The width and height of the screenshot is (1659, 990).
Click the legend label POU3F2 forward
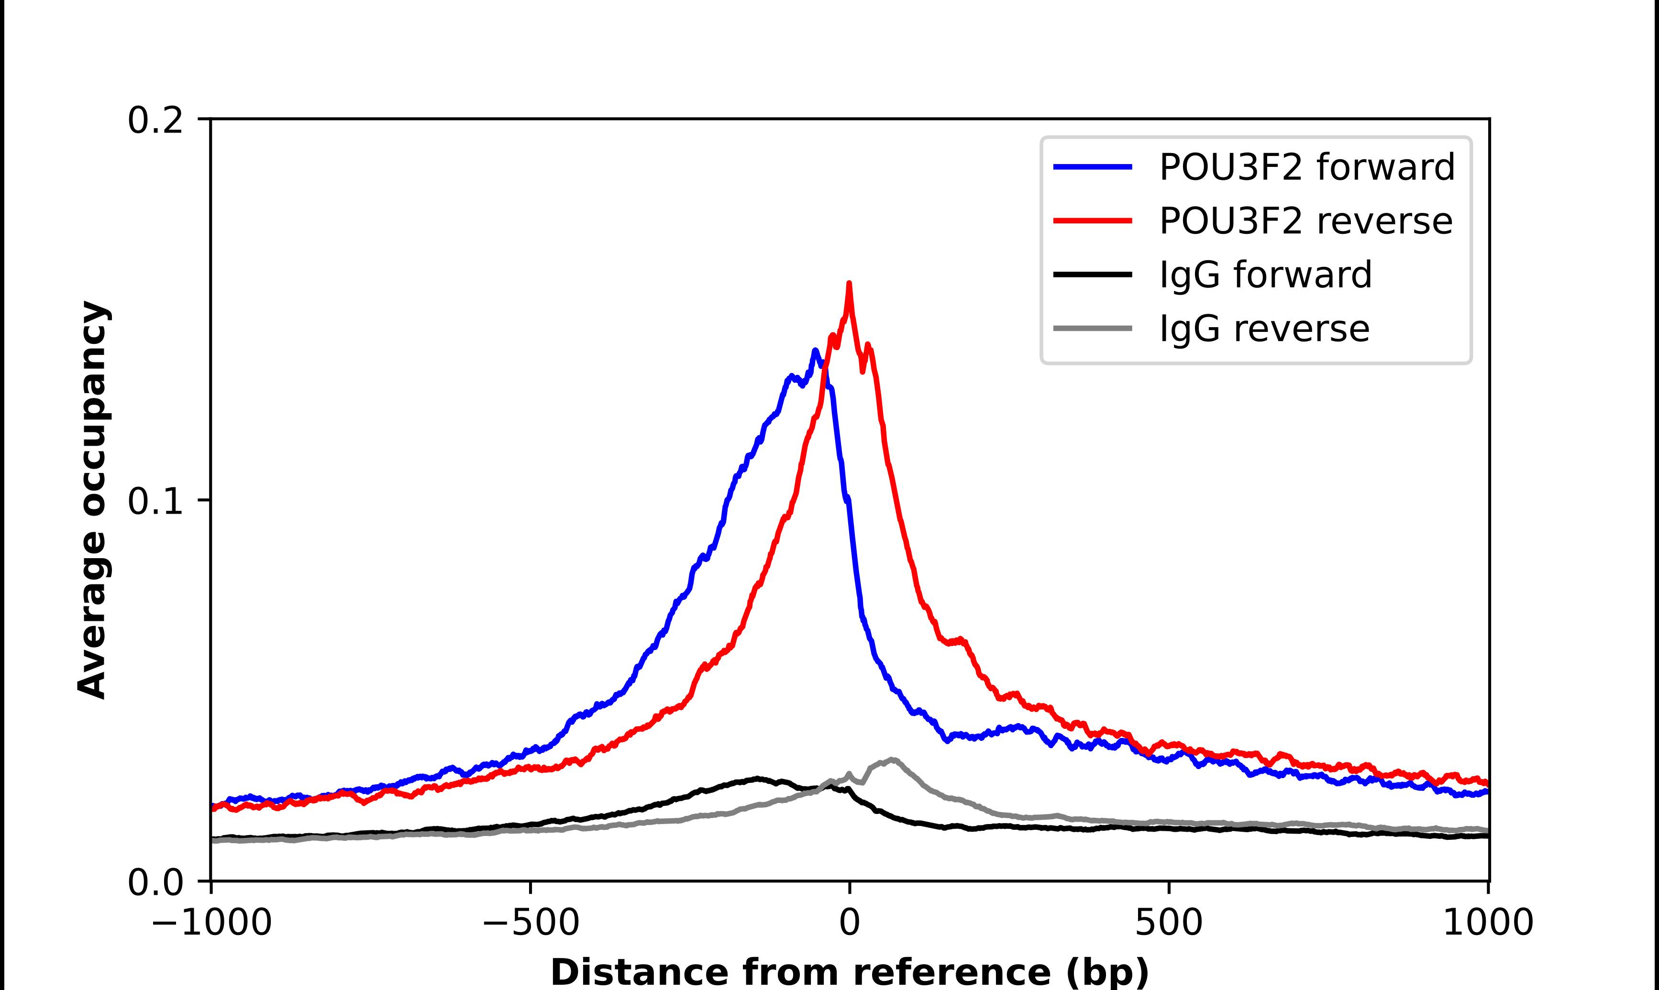(1306, 167)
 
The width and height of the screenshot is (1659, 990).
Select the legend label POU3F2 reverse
(1305, 221)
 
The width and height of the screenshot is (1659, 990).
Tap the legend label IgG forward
(1265, 275)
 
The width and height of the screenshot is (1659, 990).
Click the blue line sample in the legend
(1093, 167)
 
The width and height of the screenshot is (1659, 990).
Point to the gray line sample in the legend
(1093, 328)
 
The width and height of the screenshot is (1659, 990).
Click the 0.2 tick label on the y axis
(155, 121)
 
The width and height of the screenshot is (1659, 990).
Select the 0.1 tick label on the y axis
(155, 501)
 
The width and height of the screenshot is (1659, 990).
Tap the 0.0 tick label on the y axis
(155, 882)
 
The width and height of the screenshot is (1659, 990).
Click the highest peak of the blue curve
(815, 350)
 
